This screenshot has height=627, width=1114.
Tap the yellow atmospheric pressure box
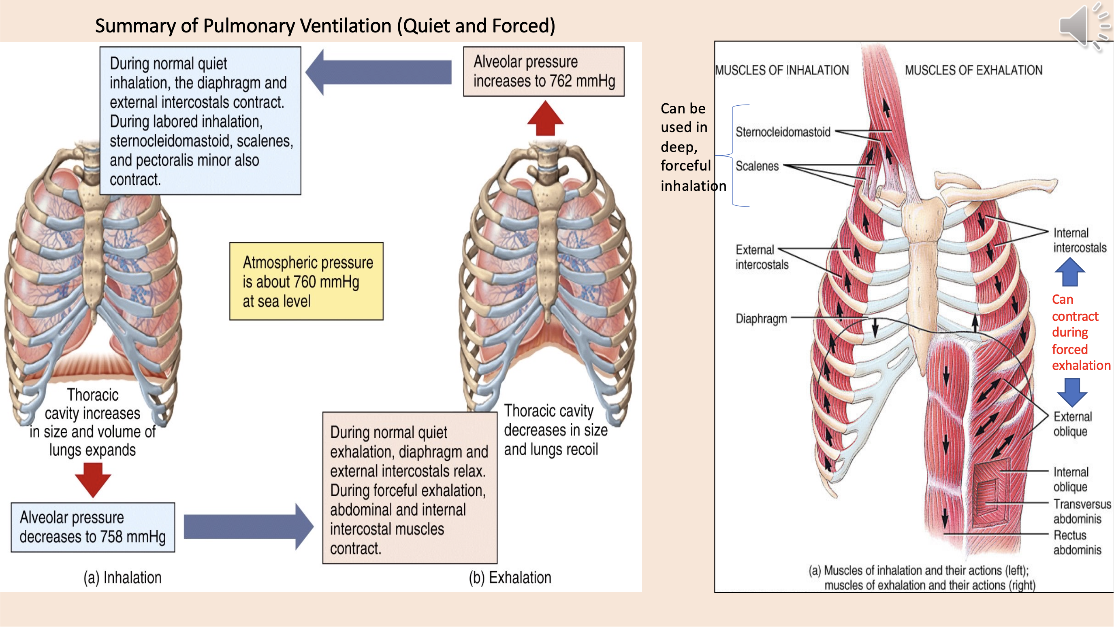click(306, 281)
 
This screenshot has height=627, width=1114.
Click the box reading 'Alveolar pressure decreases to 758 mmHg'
click(92, 527)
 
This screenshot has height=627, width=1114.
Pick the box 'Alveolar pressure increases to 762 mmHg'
click(544, 71)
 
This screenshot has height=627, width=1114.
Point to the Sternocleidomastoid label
click(783, 132)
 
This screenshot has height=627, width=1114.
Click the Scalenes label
click(757, 166)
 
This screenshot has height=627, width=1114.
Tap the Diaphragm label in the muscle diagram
click(761, 319)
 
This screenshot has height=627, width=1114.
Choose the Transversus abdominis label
click(1082, 511)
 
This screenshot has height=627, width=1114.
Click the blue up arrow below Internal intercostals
click(1070, 273)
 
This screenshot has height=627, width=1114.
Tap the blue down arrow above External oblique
click(1072, 392)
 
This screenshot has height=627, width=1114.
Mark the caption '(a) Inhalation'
click(122, 578)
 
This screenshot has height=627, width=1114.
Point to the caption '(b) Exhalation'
click(510, 578)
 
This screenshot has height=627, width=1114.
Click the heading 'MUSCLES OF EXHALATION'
click(973, 70)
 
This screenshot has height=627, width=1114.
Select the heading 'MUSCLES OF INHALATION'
click(782, 70)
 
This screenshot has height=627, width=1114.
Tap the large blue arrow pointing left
click(379, 72)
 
